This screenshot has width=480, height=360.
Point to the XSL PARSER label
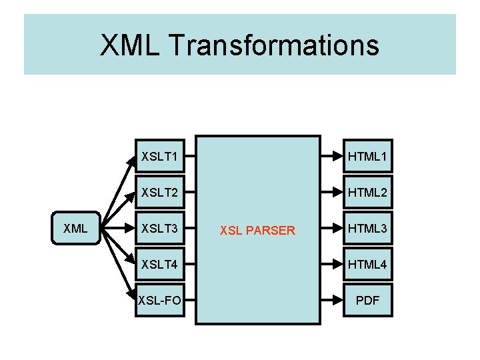click(257, 231)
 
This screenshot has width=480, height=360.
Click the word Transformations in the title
click(275, 45)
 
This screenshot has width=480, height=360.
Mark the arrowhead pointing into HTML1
click(335, 157)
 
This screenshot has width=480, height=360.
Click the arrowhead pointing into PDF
click(335, 301)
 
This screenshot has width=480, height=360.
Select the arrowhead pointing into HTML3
click(335, 229)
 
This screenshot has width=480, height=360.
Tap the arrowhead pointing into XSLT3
click(129, 229)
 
